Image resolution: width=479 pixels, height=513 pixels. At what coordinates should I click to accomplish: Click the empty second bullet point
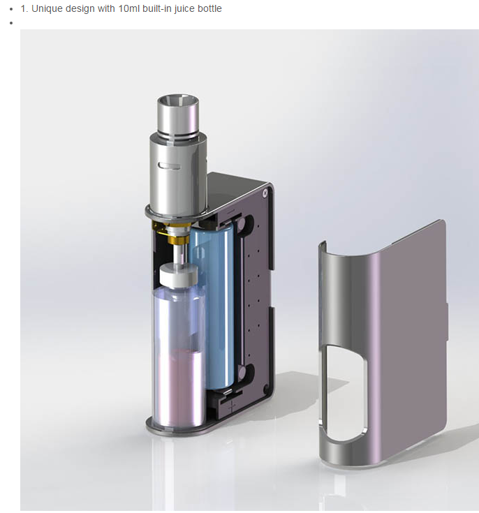coord(11,23)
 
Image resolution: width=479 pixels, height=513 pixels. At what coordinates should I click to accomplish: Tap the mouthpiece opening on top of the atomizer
coord(178,100)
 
